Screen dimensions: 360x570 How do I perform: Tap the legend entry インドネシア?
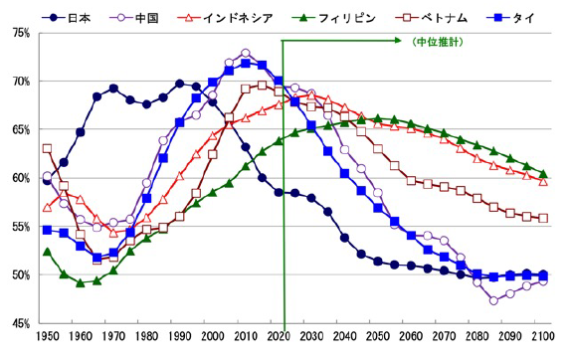(x=233, y=17)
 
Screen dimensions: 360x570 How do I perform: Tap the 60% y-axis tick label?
(x=21, y=178)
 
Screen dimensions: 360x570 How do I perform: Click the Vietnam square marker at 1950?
(x=47, y=149)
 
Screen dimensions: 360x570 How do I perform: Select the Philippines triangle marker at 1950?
(x=47, y=252)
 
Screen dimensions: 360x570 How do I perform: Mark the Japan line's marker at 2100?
(x=543, y=274)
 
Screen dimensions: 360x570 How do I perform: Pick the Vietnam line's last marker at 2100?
(x=543, y=219)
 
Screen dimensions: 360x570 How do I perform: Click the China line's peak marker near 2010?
(x=246, y=53)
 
